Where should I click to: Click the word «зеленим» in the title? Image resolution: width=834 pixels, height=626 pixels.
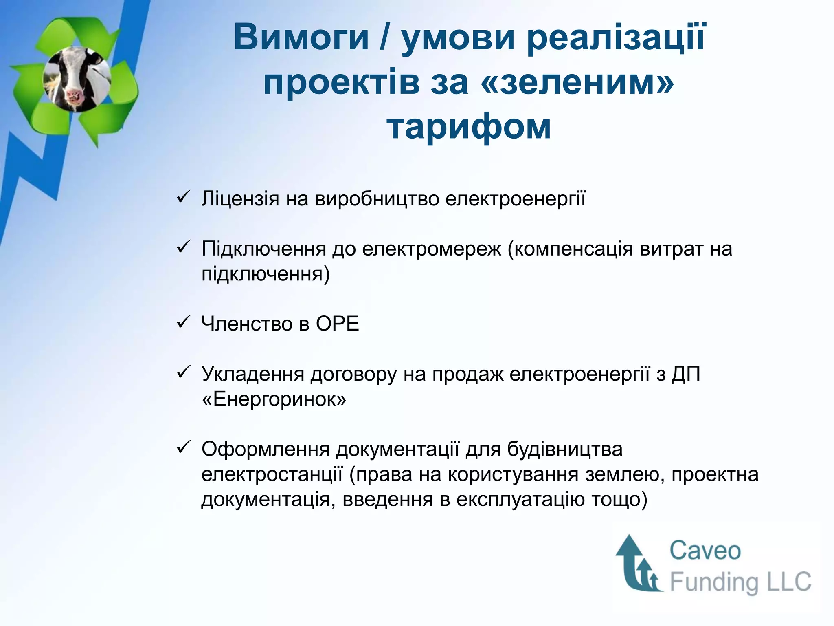578,82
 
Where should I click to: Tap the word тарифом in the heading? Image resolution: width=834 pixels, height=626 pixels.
469,127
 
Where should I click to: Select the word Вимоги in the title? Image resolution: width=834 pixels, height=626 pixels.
301,37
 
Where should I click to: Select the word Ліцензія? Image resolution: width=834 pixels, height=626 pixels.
240,199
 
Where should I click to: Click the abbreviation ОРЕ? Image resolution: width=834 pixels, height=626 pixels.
337,324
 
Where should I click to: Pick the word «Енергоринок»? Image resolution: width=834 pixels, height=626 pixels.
274,399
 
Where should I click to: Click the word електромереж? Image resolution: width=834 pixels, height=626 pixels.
432,249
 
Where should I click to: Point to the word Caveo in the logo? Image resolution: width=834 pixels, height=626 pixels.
705,551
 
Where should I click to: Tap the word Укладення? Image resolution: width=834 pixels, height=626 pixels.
252,375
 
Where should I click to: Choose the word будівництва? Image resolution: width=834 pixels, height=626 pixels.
565,449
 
